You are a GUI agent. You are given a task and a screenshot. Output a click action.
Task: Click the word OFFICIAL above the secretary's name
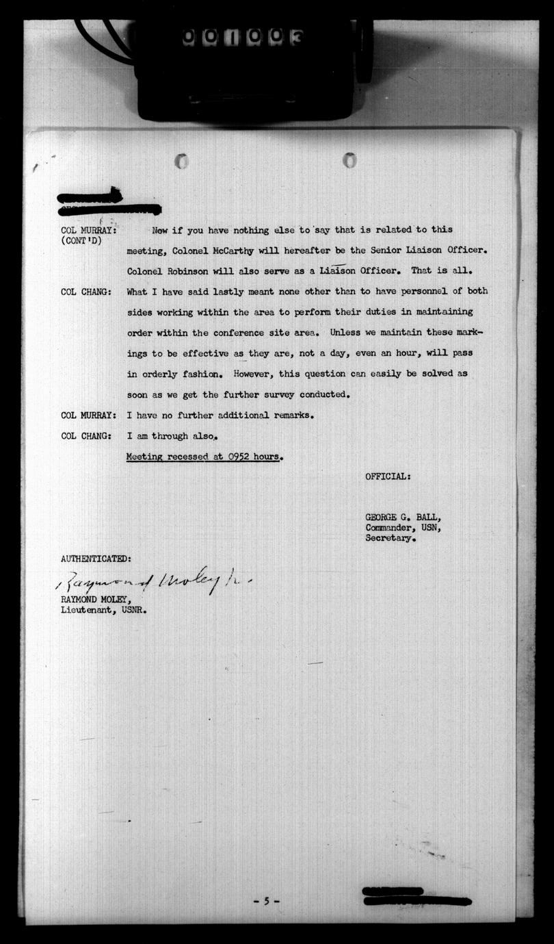coord(388,476)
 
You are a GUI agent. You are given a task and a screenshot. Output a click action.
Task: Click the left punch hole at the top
coord(181,162)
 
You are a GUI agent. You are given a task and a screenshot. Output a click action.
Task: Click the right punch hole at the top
coord(349,160)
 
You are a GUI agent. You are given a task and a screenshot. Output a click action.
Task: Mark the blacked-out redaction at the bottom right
coord(415,896)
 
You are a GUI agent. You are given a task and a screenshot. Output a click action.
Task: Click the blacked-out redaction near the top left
coord(109,203)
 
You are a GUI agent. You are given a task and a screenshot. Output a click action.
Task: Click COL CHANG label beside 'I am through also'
coord(86,436)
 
